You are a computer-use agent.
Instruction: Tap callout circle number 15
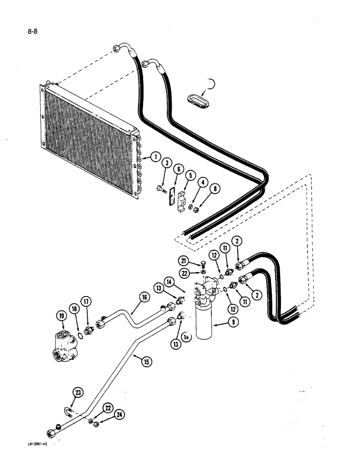point(146,362)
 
